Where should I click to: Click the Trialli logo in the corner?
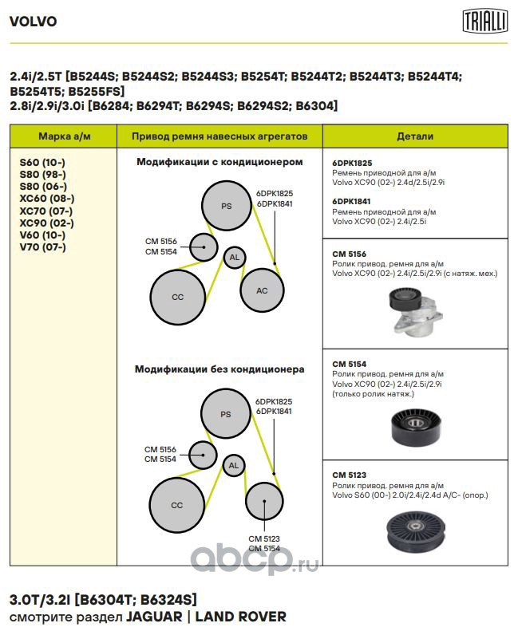(x=485, y=21)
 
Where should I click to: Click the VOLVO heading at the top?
(x=33, y=22)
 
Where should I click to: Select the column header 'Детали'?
(x=415, y=136)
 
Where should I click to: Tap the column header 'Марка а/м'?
(x=65, y=136)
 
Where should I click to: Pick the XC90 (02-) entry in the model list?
(x=47, y=223)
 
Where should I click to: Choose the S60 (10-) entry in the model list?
(x=42, y=163)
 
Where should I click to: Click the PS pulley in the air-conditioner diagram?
(x=227, y=206)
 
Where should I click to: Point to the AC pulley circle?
(x=262, y=290)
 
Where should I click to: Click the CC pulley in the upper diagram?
(x=178, y=297)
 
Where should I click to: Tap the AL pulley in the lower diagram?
(x=234, y=466)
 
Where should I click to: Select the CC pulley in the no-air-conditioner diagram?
(x=177, y=505)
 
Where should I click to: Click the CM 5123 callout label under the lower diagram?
(x=264, y=538)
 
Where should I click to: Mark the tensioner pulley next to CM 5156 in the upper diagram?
(x=204, y=247)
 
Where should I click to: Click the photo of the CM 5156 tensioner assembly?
(x=415, y=311)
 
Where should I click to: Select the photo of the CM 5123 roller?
(x=416, y=531)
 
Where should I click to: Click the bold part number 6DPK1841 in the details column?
(x=351, y=201)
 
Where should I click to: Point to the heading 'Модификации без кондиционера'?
(x=219, y=369)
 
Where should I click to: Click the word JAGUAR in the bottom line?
(x=154, y=617)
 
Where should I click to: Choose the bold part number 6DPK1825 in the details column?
(x=352, y=163)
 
